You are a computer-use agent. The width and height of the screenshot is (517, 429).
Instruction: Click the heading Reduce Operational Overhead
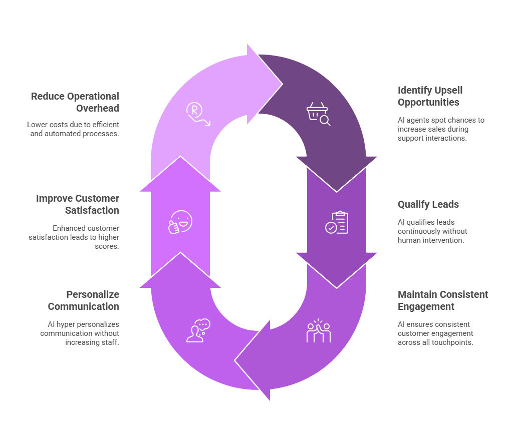click(x=75, y=102)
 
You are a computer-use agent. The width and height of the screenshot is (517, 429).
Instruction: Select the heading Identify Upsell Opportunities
click(x=430, y=96)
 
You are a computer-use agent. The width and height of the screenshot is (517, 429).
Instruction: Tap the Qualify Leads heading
click(x=428, y=204)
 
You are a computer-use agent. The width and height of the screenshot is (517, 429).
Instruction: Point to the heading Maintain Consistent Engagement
click(x=443, y=300)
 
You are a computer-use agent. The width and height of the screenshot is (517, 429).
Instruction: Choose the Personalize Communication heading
click(x=84, y=300)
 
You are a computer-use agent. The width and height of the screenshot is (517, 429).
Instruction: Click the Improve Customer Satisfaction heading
click(x=78, y=204)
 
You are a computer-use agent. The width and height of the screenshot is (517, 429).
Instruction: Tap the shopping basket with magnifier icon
click(x=318, y=114)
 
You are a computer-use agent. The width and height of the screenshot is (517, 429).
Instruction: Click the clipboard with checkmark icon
click(x=337, y=222)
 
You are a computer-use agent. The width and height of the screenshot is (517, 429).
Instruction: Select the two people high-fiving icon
click(x=318, y=330)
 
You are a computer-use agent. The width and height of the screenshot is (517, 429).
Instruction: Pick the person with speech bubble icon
click(x=198, y=330)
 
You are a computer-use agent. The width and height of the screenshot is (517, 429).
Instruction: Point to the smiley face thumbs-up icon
click(x=180, y=222)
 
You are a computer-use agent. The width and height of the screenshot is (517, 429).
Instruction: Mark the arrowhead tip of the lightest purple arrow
click(x=283, y=84)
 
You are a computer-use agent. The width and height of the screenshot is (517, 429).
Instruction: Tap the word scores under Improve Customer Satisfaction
click(x=107, y=246)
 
